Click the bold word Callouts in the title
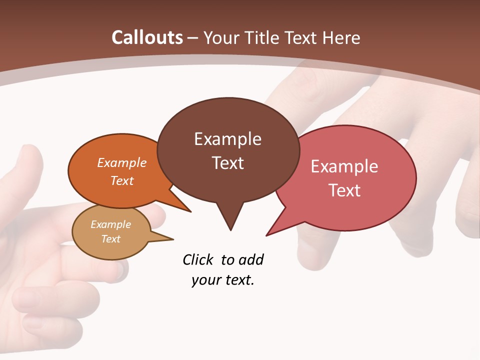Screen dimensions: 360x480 (x=147, y=37)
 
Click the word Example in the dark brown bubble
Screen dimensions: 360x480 (x=227, y=139)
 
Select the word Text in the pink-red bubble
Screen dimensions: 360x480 (x=344, y=190)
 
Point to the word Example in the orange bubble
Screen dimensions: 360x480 (x=122, y=162)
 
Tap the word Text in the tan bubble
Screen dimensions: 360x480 (x=111, y=239)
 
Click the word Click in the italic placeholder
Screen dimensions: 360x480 (x=199, y=259)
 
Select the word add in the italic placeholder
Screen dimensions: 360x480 (x=251, y=259)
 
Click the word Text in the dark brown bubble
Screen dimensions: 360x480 (x=228, y=163)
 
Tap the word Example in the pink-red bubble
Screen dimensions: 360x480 (x=344, y=166)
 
